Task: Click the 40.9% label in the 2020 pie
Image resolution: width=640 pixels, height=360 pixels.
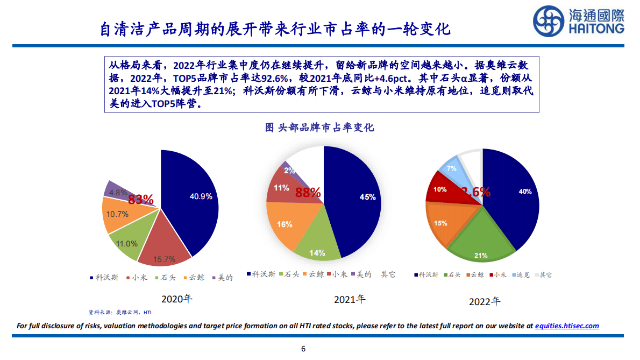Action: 201,196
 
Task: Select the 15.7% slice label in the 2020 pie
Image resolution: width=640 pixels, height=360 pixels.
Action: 165,259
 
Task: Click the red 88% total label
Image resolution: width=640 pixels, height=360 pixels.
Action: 308,192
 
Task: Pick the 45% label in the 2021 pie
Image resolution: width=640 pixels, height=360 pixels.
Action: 367,197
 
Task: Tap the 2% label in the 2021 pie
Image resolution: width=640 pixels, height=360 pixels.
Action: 289,171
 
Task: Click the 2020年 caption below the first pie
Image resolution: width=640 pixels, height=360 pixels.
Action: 176,299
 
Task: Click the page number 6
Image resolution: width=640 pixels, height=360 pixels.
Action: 303,348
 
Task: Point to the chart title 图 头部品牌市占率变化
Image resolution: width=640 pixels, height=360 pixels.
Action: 319,128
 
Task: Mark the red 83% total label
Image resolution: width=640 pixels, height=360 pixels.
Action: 141,200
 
